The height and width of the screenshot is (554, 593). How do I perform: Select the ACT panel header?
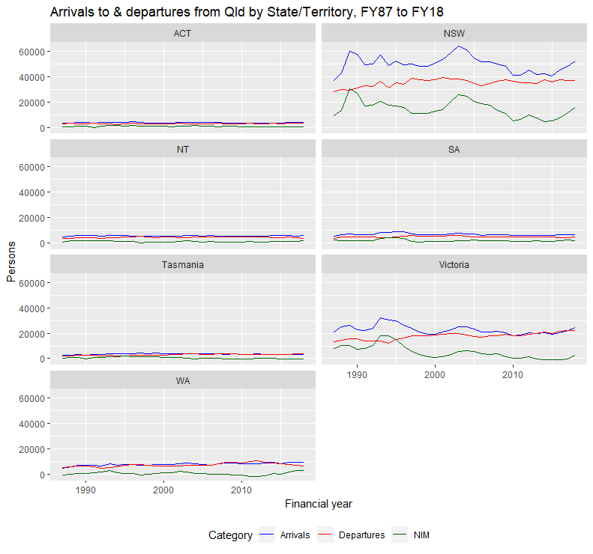182,34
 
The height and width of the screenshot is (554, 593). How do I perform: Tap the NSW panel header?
453,34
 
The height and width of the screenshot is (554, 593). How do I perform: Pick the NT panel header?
182,149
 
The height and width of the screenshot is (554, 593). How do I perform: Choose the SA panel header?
453,149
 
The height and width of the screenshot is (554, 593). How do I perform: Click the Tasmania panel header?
182,264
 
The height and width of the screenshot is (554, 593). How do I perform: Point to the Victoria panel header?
453,264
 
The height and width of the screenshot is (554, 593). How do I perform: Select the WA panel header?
182,380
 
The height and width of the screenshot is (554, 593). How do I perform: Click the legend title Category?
230,535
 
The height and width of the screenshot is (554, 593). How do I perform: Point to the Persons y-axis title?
11,256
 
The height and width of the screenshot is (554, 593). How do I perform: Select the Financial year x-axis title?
318,504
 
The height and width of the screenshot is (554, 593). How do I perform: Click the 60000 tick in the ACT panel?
31,52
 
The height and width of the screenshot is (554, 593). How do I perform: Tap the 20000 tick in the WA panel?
31,449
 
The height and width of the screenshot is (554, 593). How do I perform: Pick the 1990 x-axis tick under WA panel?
86,490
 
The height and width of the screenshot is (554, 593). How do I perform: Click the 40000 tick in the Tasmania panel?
31,308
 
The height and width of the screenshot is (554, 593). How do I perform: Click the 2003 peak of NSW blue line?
458,46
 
